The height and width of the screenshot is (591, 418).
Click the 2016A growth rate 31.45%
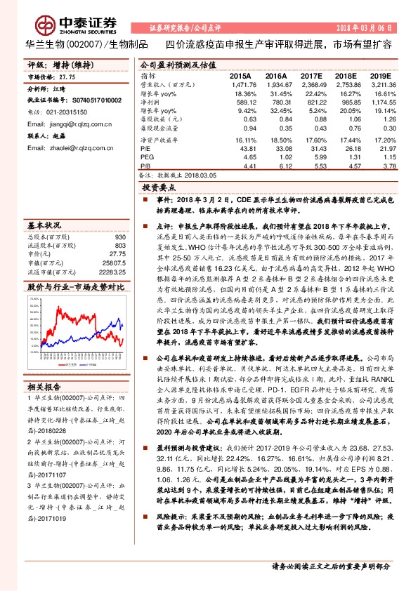pyautogui.click(x=276, y=93)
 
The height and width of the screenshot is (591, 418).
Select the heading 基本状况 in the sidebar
pyautogui.click(x=44, y=226)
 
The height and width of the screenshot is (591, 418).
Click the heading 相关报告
pyautogui.click(x=44, y=385)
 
